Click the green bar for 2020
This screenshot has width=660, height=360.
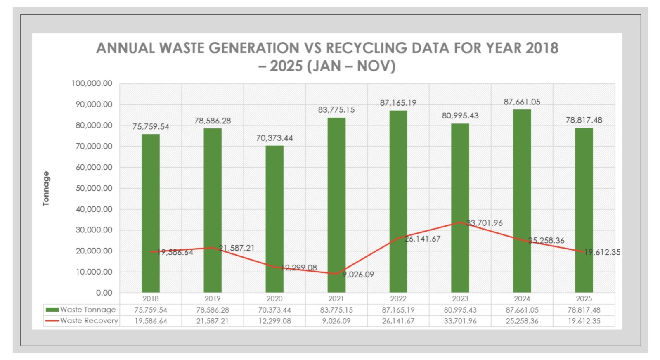click(274, 219)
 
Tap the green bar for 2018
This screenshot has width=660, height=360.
click(151, 213)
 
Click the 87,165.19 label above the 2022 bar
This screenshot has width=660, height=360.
click(398, 103)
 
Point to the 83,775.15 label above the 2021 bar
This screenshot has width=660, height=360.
click(336, 110)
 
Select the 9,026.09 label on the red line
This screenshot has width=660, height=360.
click(358, 275)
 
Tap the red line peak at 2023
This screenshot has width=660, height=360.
click(460, 222)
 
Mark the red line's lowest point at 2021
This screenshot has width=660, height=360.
click(336, 274)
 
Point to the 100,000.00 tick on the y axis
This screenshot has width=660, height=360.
click(92, 83)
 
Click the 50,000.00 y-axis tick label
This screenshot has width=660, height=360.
click(94, 188)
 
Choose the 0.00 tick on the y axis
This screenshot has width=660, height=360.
click(104, 293)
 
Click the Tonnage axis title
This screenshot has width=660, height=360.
click(46, 188)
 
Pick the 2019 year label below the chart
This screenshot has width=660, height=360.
click(212, 298)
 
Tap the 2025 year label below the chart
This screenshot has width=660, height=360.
click(584, 298)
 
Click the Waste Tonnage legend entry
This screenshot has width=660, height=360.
click(81, 310)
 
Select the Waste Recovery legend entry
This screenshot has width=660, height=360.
click(82, 321)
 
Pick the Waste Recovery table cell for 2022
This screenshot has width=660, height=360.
click(398, 321)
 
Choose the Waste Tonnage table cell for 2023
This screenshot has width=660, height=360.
click(460, 310)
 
